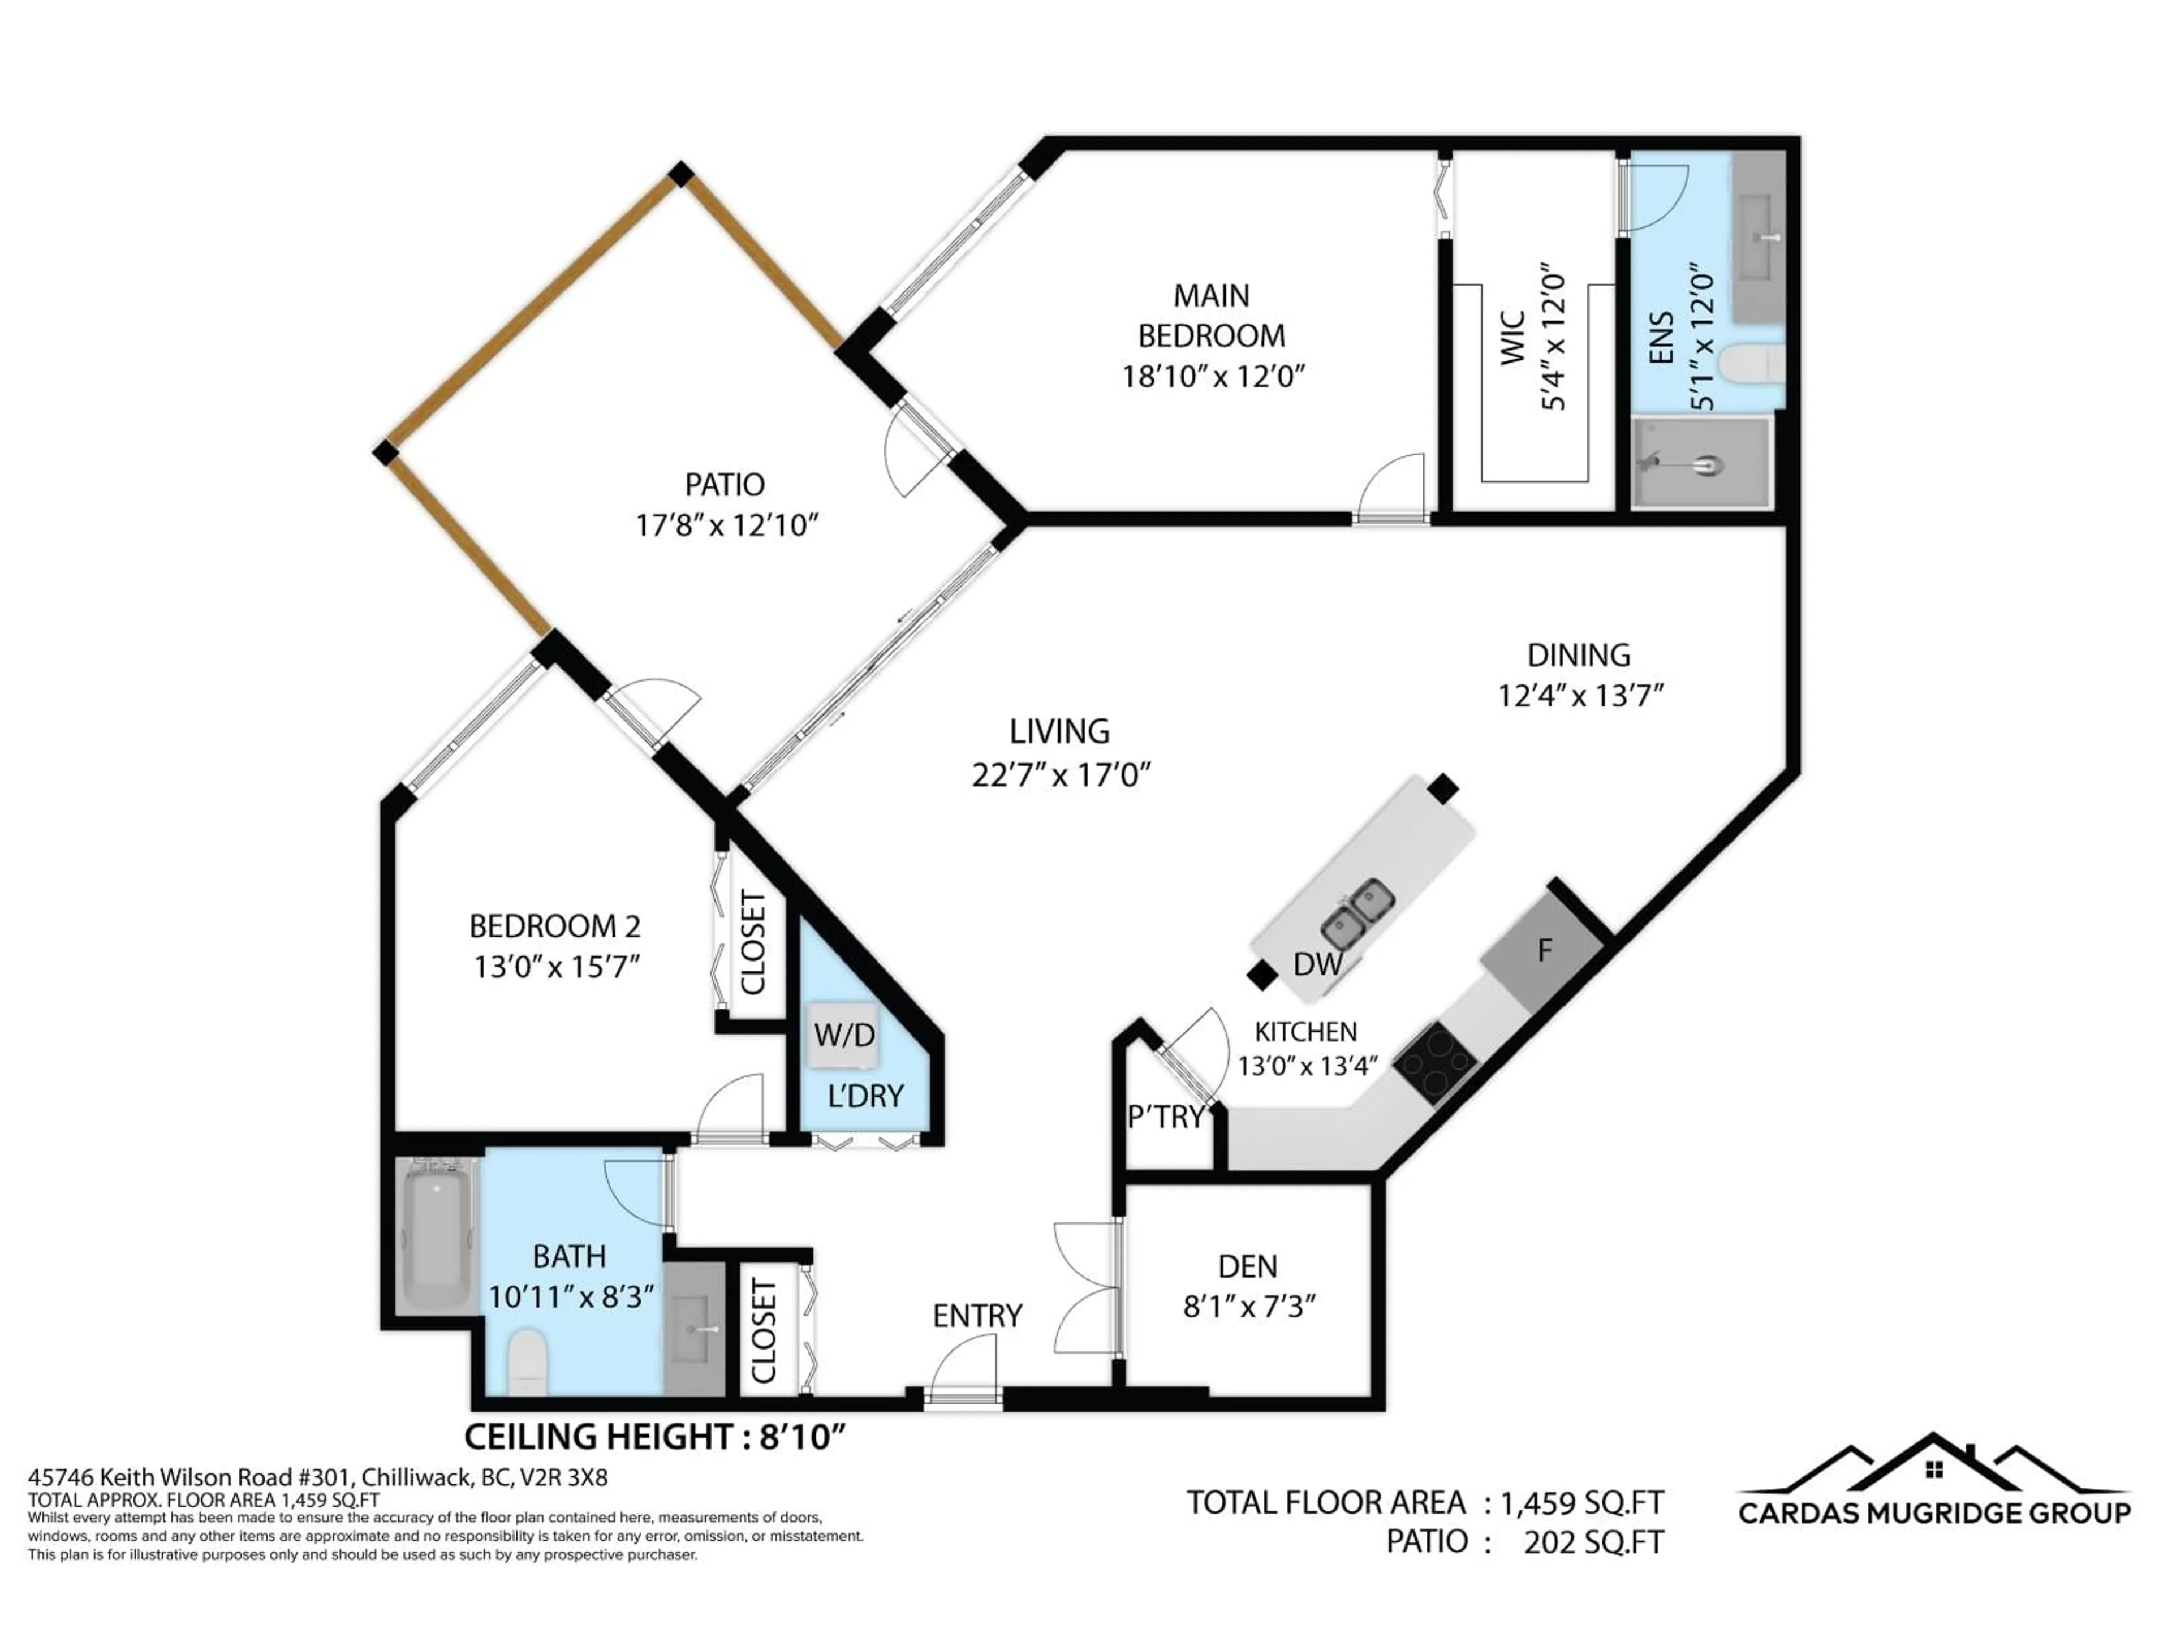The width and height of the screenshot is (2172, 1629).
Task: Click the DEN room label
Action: tap(1247, 1266)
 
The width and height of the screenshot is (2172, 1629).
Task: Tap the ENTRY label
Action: tap(977, 1316)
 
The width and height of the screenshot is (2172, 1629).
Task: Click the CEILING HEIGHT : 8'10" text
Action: tap(654, 1437)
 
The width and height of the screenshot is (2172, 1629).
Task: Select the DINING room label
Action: tap(1578, 655)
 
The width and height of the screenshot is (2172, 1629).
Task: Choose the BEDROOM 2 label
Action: tap(555, 926)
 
